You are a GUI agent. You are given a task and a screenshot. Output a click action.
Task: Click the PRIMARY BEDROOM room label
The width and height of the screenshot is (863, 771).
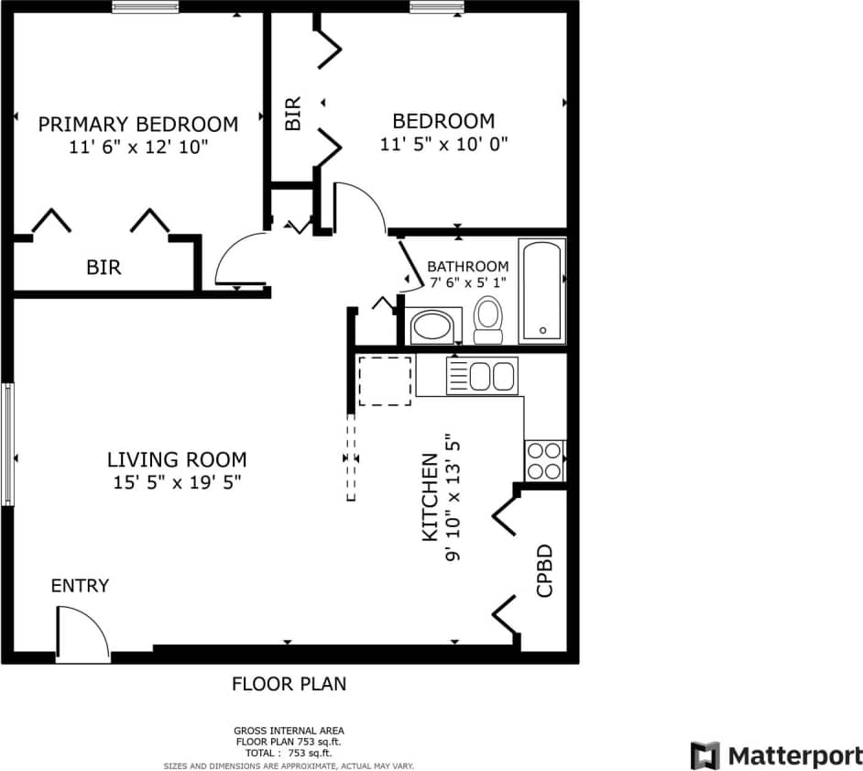tap(137, 124)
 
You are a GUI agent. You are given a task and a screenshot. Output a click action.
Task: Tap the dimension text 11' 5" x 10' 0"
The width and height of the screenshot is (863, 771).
tap(443, 144)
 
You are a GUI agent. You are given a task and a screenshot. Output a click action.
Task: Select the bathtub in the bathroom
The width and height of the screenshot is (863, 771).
tap(541, 291)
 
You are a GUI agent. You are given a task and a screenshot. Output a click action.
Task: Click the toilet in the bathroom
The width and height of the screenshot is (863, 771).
tap(488, 320)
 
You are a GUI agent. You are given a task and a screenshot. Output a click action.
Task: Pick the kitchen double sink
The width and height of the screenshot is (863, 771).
tap(481, 376)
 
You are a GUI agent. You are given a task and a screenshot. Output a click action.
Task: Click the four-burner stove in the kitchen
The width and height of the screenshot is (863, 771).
tap(543, 461)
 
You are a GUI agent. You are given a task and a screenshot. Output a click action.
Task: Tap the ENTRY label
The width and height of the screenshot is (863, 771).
tap(80, 586)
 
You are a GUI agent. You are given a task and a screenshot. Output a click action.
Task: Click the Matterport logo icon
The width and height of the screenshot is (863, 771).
tap(705, 755)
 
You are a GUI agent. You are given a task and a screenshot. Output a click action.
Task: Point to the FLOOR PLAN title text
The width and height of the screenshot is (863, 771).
tap(289, 684)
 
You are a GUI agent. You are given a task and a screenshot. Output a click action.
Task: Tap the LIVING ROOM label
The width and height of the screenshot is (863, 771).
tap(177, 460)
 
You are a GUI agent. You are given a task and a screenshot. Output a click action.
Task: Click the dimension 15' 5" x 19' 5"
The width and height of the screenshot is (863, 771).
tap(176, 481)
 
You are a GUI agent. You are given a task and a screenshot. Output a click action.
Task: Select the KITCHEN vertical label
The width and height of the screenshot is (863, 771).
tap(429, 498)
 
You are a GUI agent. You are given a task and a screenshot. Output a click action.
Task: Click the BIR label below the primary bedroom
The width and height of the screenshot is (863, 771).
tap(104, 268)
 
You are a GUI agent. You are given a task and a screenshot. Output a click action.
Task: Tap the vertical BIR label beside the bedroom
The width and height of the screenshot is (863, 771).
tap(293, 115)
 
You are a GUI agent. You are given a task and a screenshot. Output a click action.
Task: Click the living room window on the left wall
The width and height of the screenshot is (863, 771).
tap(8, 444)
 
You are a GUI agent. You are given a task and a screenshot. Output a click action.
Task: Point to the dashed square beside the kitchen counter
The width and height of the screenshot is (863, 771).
tap(385, 381)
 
